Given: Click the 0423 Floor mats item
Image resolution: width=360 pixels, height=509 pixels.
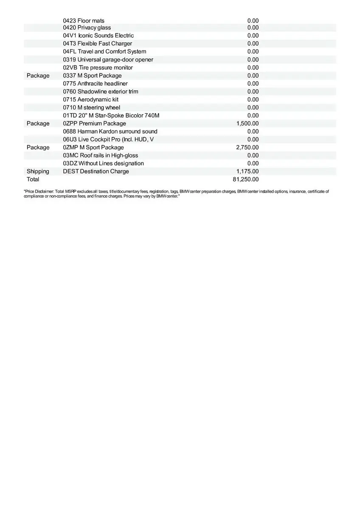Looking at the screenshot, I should coord(84,21).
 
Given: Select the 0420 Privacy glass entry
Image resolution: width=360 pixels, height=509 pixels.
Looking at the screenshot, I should coord(87,28).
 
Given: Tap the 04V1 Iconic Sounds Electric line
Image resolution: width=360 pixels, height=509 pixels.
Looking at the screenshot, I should coord(98,36).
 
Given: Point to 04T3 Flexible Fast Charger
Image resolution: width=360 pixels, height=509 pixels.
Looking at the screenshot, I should coord(98,44).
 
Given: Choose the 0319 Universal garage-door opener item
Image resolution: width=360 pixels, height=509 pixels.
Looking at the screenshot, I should coord(108,60).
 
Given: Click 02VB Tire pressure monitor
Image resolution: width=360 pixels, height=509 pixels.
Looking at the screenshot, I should coord(98,68).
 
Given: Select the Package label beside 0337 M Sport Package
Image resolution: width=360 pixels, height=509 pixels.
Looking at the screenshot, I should coord(38,76).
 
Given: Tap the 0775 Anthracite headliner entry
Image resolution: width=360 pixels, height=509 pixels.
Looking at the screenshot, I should coord(96,84).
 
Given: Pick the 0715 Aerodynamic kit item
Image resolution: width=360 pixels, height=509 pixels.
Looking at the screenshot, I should coord(91,100).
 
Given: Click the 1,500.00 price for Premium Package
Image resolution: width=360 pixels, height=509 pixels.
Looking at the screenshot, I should coord(247,123).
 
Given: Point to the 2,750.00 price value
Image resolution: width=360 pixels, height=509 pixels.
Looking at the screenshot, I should coord(247,148).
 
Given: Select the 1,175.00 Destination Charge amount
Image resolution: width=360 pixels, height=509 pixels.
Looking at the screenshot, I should coord(247,171).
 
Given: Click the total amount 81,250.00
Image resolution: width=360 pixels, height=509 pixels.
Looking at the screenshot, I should coord(246,179).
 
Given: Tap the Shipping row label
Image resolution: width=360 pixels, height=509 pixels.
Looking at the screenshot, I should coord(38,171).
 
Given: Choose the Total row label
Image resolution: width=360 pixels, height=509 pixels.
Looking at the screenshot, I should coord(33,179).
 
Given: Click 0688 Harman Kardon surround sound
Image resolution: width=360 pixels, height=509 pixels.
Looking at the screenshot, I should coord(110,131).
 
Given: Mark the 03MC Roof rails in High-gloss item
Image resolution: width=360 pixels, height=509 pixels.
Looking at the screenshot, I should coord(101,156).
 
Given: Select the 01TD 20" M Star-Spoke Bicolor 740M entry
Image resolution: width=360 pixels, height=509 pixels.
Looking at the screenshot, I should coord(111,115).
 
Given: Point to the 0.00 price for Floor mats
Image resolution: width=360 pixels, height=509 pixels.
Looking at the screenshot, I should coord(253,21).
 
